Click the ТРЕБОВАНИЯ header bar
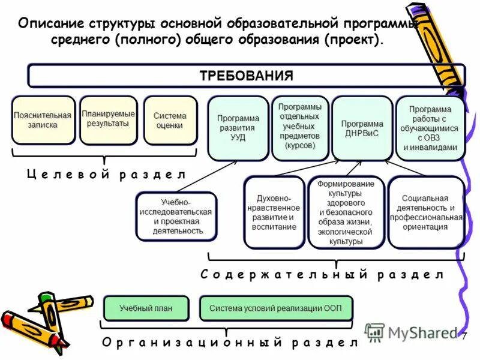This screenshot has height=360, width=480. click(x=246, y=76)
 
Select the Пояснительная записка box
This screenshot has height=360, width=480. click(x=44, y=120)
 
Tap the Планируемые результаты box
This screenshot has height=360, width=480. click(x=108, y=119)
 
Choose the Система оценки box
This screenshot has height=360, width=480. click(x=170, y=120)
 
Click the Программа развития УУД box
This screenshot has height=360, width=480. click(x=238, y=128)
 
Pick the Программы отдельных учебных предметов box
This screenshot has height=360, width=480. click(x=300, y=127)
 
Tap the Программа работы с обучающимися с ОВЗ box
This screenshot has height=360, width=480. click(x=430, y=128)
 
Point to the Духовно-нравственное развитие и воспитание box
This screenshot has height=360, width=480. click(x=275, y=212)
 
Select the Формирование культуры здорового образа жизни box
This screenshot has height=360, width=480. click(x=346, y=212)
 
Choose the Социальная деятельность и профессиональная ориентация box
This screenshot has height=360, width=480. click(x=425, y=212)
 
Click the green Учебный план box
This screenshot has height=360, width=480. click(x=146, y=308)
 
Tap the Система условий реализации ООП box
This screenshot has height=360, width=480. click(x=275, y=308)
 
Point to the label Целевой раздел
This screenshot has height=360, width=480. click(x=107, y=175)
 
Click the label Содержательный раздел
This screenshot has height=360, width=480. click(x=322, y=275)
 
